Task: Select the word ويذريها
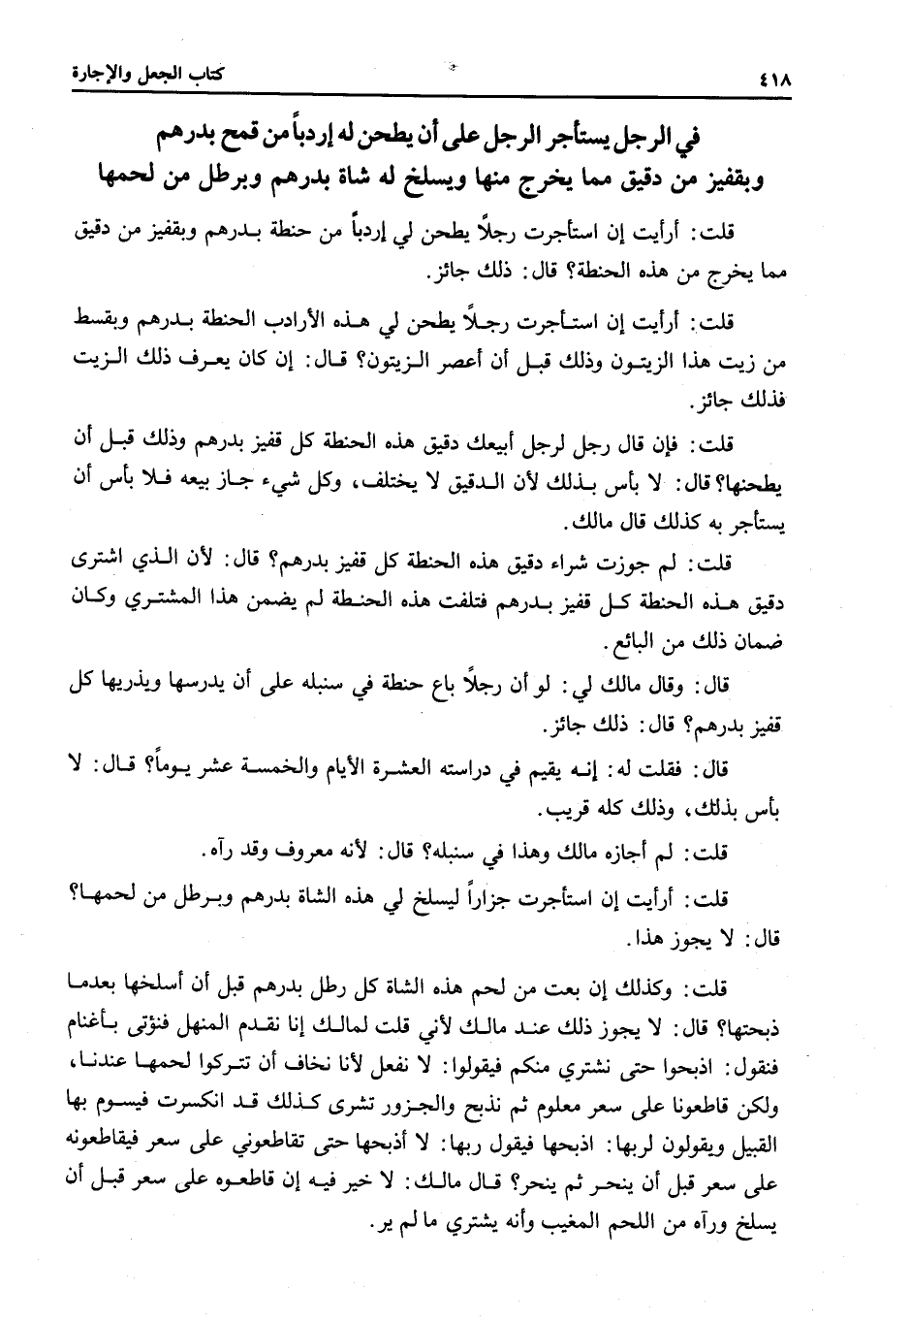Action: pos(120,686)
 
